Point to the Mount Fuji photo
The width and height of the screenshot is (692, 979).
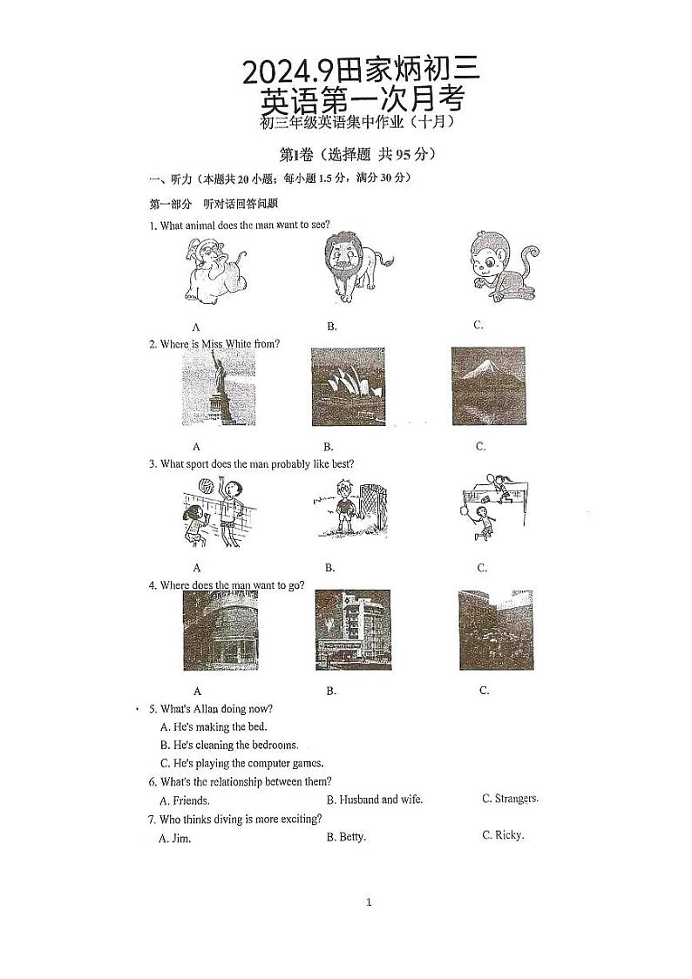point(488,385)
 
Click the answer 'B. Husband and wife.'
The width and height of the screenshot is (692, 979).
point(374,800)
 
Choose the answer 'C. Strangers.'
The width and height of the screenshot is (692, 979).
point(510,798)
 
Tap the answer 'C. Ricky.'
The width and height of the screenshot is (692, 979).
point(503,835)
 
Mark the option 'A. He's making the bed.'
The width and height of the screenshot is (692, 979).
point(214,726)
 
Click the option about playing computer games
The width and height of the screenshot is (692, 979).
point(241,763)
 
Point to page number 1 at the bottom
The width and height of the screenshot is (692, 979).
point(369,902)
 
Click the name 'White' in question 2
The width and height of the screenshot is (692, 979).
point(239,344)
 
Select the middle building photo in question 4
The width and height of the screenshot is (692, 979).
point(352,629)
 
